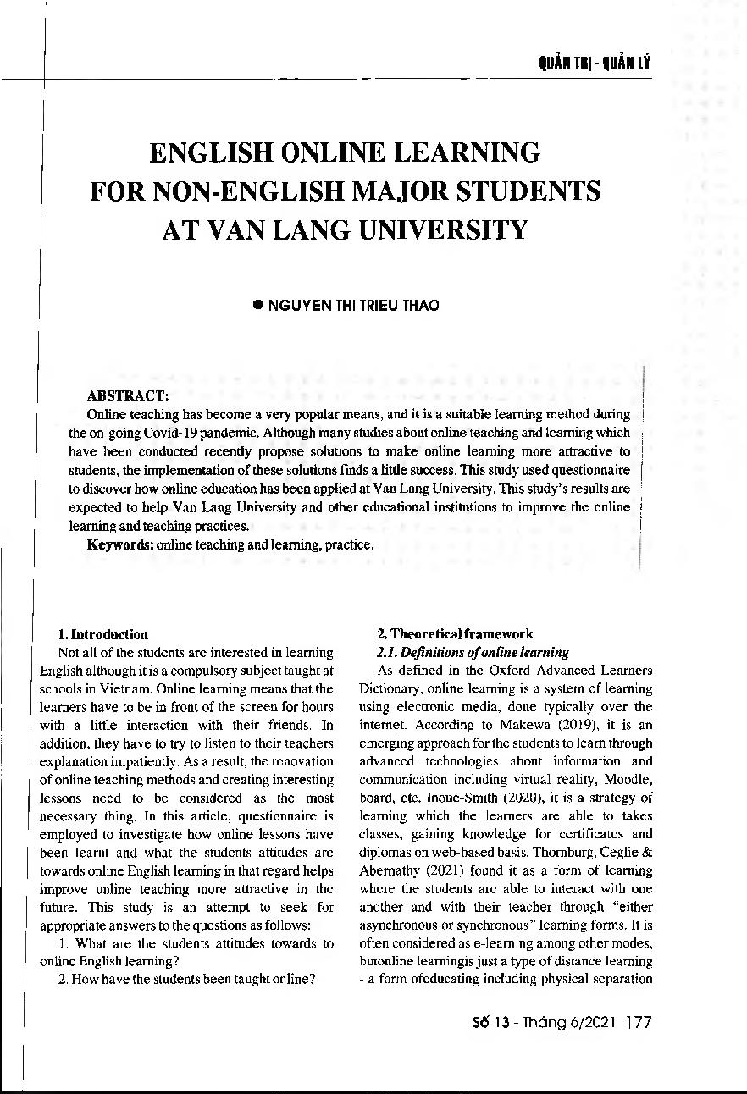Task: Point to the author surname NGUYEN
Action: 297,306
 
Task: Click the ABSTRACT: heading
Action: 127,395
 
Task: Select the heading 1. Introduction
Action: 102,634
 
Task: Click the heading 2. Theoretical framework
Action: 455,634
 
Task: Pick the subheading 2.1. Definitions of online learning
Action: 473,652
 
